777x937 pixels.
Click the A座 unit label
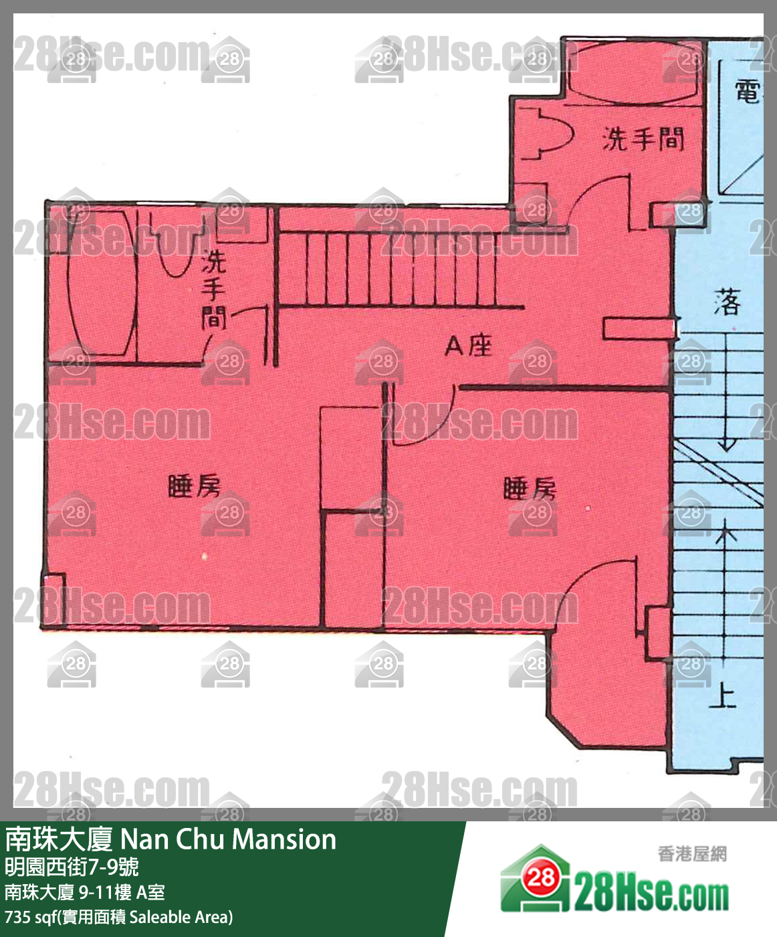pos(469,346)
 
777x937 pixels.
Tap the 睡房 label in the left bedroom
pos(194,486)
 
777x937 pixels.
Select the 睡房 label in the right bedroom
pos(530,489)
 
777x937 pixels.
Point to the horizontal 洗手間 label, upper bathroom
pos(643,139)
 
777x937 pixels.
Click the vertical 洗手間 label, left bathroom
pos(213,290)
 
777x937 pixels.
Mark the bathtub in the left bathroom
pos(102,283)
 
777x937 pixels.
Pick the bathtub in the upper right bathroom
pos(633,73)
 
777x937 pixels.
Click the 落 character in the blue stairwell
pos(728,302)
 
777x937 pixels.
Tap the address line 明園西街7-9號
pos(72,867)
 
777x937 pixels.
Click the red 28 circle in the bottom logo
pos(540,877)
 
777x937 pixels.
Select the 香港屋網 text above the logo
pos(692,854)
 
